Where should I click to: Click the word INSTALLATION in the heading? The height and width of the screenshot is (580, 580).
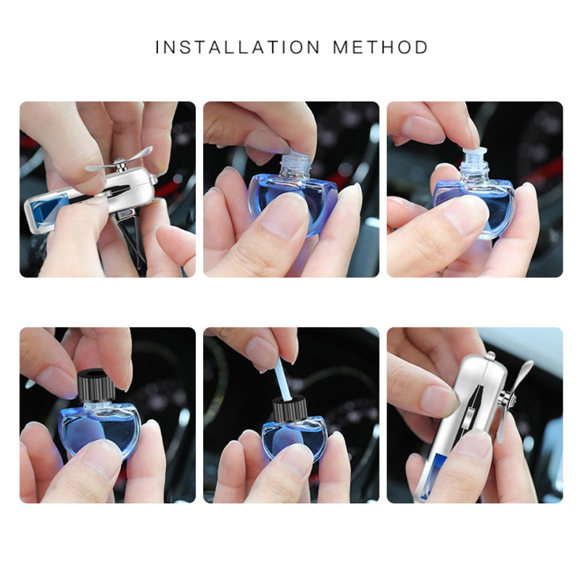coord(238,47)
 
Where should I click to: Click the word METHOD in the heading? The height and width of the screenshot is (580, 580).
coord(381,47)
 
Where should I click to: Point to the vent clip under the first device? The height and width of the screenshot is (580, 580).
coord(133,237)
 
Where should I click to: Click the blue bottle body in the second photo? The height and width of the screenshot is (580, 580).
coord(292,205)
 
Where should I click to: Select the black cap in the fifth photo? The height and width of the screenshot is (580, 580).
coord(290,409)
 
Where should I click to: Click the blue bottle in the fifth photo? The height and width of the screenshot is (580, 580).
coord(295,439)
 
